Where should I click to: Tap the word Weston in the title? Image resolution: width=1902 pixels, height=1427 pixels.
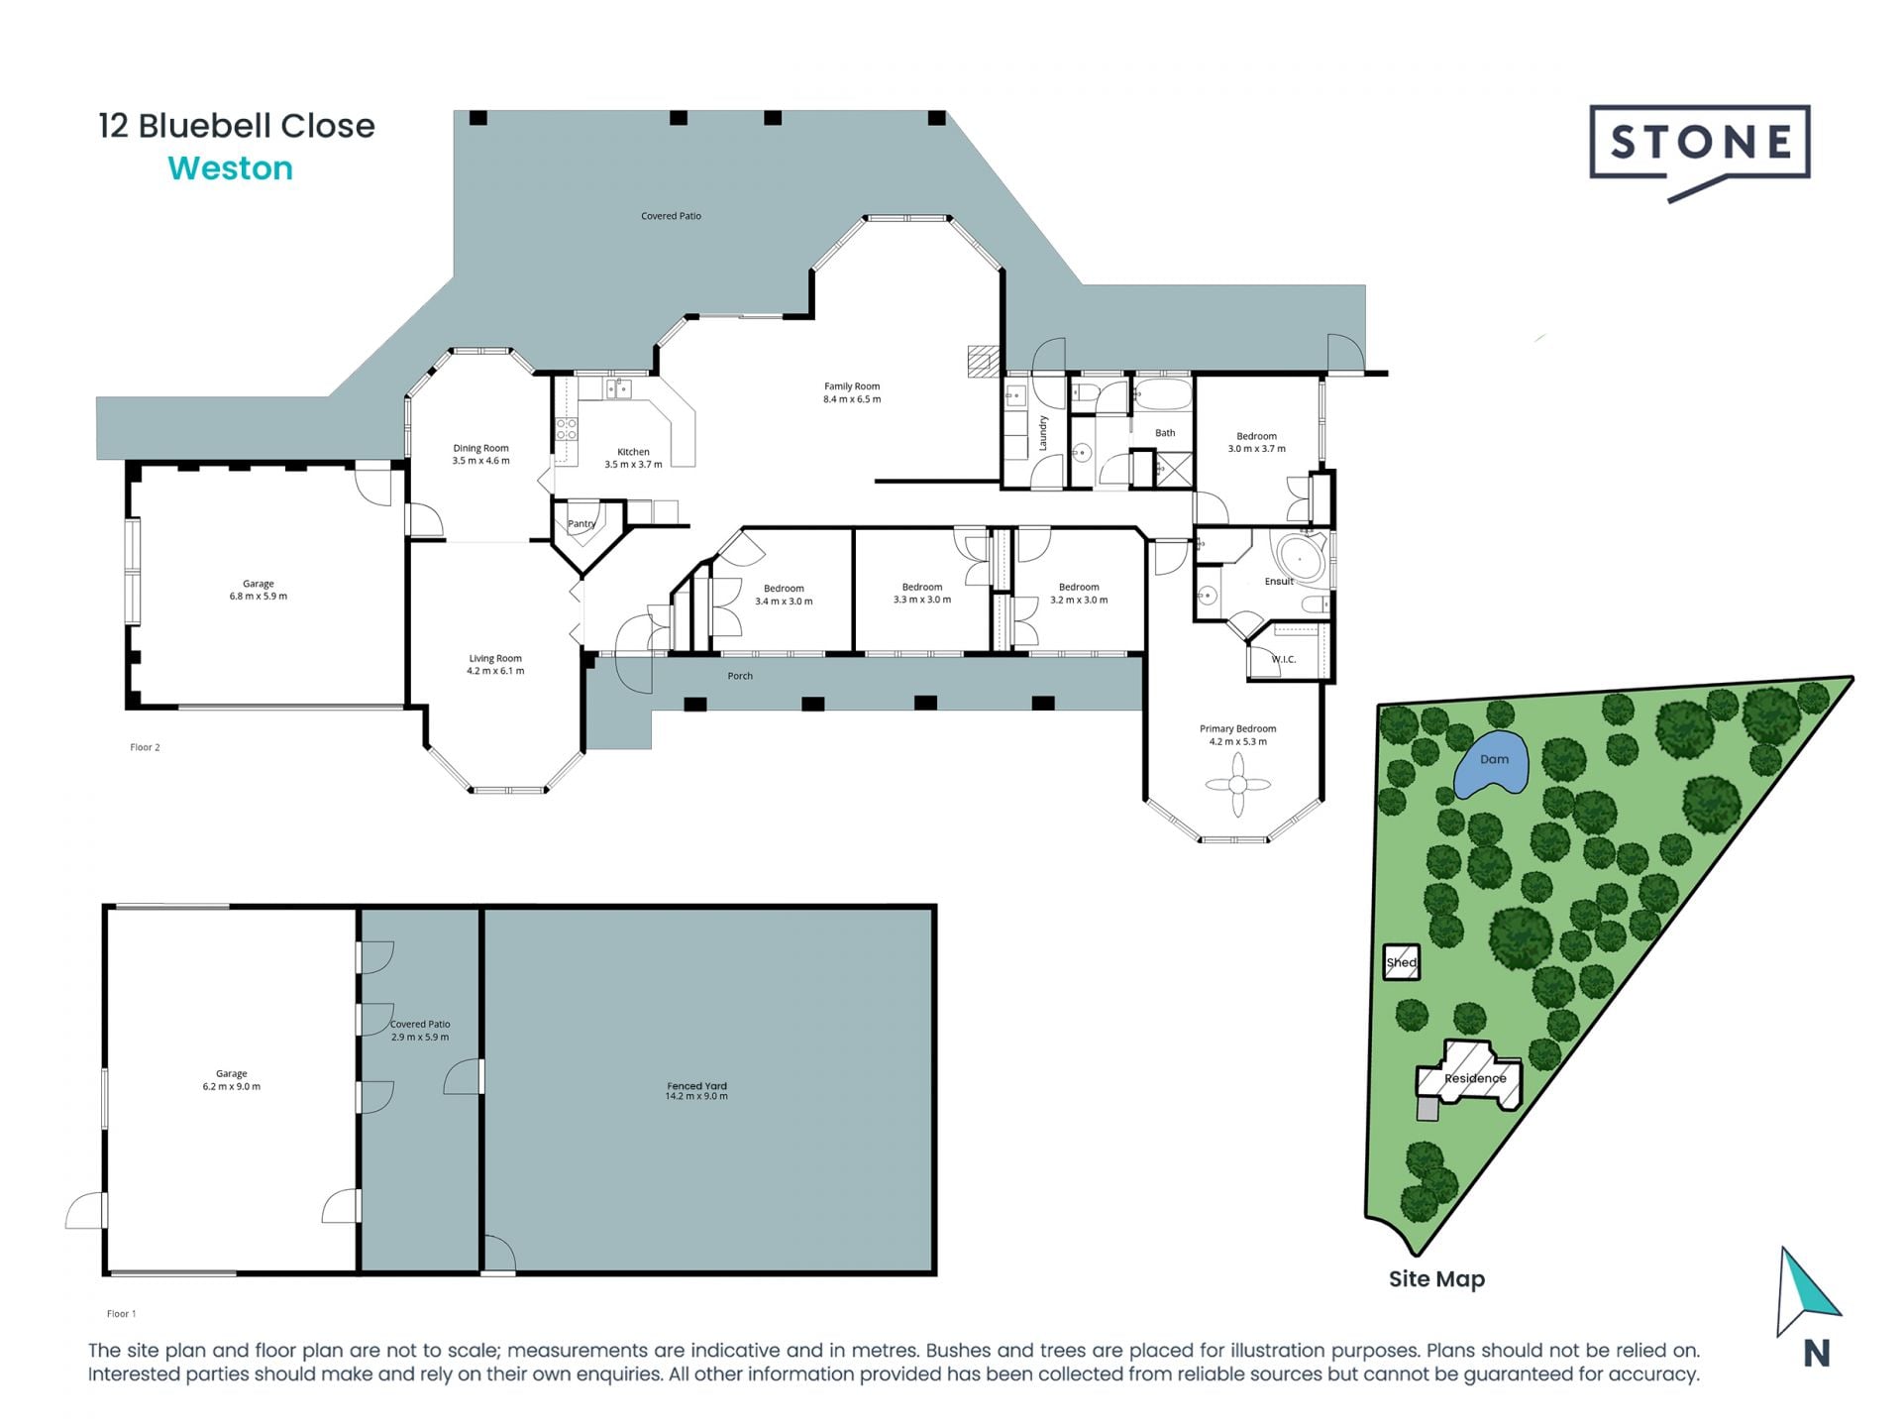[231, 168]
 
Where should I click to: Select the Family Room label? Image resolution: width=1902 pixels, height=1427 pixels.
[851, 386]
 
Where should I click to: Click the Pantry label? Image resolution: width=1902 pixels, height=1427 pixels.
[581, 523]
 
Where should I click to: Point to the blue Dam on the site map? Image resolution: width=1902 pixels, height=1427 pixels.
[1492, 763]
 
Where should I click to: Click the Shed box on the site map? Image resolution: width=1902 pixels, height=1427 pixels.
[1401, 962]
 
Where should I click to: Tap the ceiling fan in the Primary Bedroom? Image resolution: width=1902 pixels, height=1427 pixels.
[1237, 785]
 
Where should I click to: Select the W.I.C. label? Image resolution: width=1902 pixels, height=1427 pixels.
[1283, 659]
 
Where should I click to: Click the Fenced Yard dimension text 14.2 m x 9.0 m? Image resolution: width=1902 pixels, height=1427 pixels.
[696, 1097]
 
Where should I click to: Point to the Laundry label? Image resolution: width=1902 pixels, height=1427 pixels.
[1043, 433]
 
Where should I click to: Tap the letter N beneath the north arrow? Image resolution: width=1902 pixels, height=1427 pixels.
[1816, 1354]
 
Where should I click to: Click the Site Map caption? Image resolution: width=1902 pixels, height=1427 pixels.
[1435, 1279]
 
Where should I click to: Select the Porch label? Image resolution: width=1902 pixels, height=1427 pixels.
[740, 676]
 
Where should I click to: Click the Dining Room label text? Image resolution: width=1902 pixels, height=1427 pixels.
[480, 448]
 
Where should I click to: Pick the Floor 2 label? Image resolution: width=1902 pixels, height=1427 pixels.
[145, 747]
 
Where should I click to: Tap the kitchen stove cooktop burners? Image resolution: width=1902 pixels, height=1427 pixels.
[566, 428]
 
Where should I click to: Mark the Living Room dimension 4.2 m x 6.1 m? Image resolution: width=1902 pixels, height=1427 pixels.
[495, 671]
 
